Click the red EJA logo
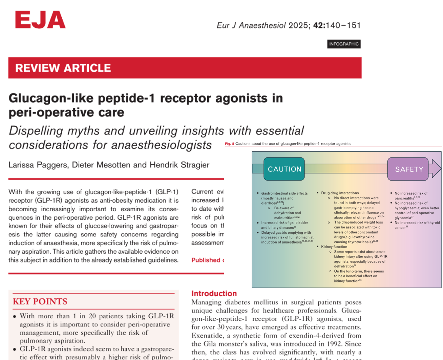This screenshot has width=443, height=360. [40, 20]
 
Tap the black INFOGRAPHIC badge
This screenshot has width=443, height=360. [344, 44]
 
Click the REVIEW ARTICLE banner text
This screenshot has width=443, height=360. [63, 68]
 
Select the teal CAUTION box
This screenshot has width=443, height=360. [284, 169]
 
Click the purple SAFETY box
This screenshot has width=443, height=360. [409, 169]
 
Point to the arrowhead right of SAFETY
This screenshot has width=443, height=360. [436, 169]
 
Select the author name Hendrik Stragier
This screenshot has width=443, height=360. [180, 165]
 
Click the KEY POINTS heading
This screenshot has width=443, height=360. [40, 301]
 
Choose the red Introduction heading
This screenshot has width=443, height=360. [214, 294]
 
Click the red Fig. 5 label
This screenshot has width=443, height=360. [229, 144]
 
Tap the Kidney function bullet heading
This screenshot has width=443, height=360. [334, 247]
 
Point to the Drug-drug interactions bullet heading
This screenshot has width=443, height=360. [340, 193]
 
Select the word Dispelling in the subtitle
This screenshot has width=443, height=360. [36, 131]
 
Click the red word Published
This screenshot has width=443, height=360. [206, 260]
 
